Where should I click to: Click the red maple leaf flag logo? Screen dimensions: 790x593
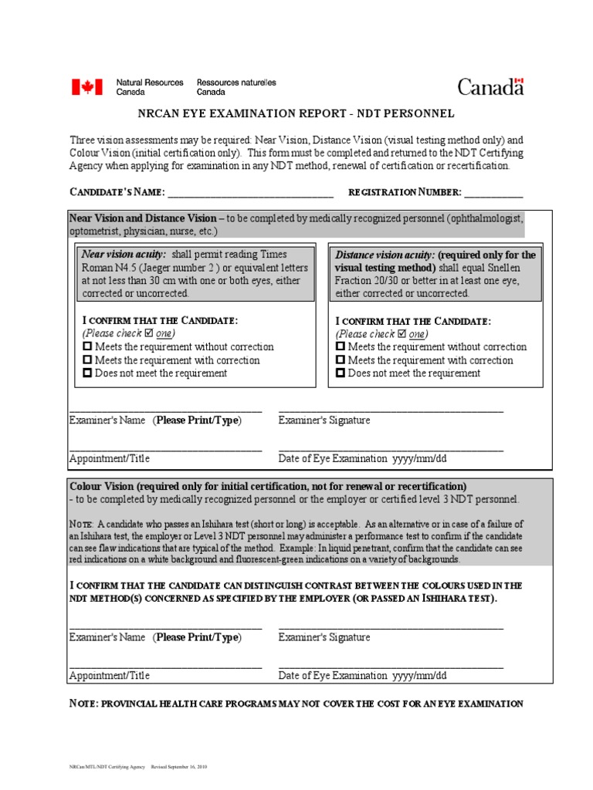(86, 86)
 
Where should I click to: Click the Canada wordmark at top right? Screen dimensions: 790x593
(490, 86)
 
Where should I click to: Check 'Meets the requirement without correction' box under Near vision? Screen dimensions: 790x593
(87, 347)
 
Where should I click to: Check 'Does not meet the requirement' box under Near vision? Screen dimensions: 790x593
(87, 373)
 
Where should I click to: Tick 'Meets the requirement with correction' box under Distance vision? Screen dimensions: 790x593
(341, 360)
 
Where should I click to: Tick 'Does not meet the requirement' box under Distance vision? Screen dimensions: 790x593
(341, 373)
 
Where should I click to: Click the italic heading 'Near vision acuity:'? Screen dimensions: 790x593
(124, 255)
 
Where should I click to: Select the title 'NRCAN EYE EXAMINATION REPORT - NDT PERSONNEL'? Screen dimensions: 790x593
(296, 114)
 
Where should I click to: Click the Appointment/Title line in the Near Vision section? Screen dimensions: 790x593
(165, 448)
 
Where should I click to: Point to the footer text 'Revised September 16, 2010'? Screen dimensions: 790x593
(178, 768)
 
